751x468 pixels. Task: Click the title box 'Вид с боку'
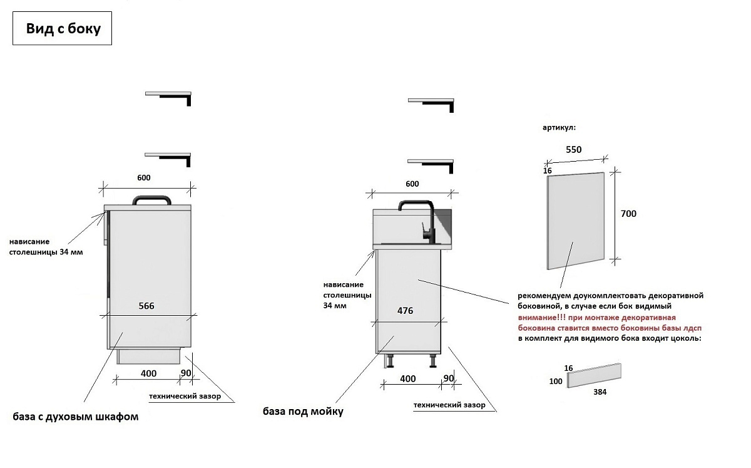point(62,28)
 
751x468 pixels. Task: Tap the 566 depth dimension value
point(146,306)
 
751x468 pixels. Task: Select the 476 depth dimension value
point(405,311)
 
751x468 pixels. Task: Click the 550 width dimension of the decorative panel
point(574,149)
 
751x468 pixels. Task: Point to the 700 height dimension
point(628,214)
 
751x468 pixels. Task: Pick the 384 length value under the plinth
point(600,392)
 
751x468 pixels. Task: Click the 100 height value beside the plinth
point(556,382)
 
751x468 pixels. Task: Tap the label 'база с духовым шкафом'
point(76,417)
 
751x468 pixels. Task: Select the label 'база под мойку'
point(303,411)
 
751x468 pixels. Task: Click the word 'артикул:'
point(559,128)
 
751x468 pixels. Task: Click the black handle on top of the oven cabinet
point(152,200)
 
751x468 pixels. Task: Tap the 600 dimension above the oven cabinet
point(144,177)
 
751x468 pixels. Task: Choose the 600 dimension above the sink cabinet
point(412,184)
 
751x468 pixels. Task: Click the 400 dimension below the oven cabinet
point(148,373)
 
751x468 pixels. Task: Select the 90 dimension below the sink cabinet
point(449,378)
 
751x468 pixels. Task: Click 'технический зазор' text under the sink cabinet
point(449,405)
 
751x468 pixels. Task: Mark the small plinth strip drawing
point(594,376)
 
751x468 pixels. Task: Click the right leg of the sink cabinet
point(433,361)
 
